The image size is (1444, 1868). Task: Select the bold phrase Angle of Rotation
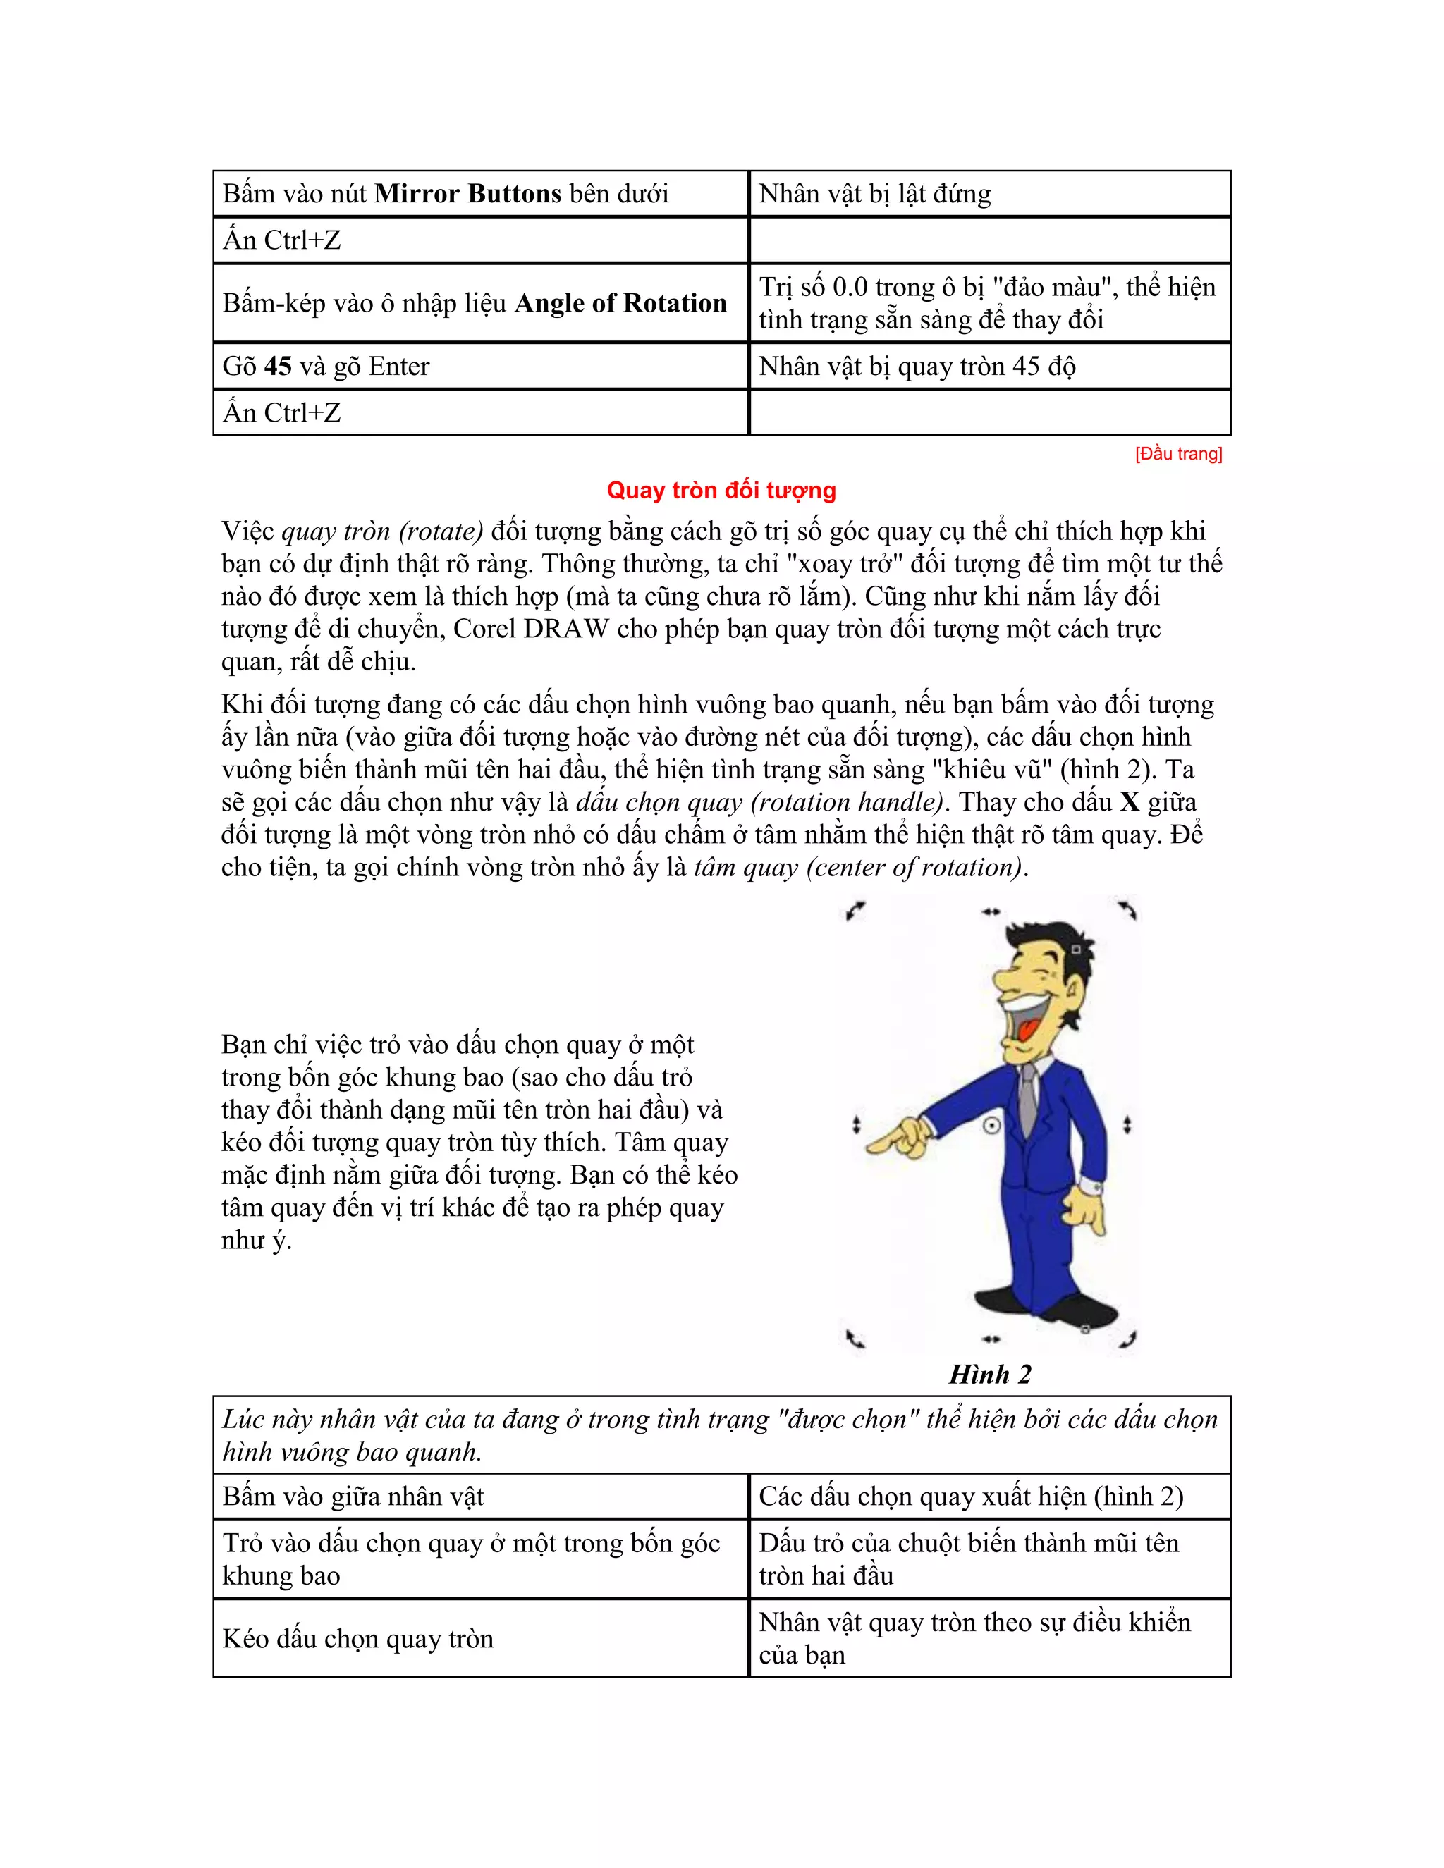620,303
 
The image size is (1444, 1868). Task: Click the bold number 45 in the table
277,366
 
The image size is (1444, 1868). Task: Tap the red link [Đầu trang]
1178,454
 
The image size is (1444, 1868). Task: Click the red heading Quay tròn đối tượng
721,490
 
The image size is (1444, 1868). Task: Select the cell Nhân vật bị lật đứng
874,193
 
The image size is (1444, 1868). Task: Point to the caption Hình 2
990,1374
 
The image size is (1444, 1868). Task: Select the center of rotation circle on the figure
991,1126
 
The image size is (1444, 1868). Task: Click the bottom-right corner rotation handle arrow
1127,1339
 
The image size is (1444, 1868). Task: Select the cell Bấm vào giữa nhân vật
353,1496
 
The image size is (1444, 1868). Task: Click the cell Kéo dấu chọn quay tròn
357,1638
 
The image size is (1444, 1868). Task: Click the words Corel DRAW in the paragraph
530,629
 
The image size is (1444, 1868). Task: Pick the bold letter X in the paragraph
1130,802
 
